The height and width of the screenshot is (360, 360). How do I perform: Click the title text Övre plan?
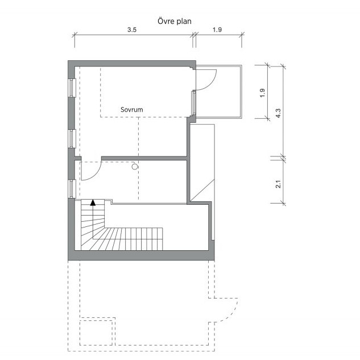[x=174, y=22]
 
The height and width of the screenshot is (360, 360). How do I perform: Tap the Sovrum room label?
[x=132, y=110]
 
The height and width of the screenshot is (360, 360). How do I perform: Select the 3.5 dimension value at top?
[x=132, y=30]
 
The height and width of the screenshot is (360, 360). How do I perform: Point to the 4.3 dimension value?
[x=278, y=113]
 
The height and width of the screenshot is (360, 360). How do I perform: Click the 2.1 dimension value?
[x=278, y=184]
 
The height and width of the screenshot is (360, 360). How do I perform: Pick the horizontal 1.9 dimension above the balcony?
[x=217, y=30]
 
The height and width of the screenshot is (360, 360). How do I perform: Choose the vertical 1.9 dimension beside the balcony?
[x=262, y=93]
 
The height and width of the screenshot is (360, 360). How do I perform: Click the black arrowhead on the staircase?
[x=93, y=202]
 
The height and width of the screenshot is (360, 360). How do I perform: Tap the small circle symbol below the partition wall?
[x=135, y=167]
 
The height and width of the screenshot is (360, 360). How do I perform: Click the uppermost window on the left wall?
[x=72, y=88]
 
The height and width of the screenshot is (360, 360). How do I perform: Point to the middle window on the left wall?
[x=72, y=138]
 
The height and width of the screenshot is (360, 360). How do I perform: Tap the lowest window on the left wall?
[x=72, y=189]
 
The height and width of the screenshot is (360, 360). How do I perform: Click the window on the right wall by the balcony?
[x=194, y=102]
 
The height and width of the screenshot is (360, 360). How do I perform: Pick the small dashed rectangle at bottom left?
[x=98, y=332]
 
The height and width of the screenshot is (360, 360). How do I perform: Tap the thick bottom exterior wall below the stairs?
[x=141, y=255]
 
